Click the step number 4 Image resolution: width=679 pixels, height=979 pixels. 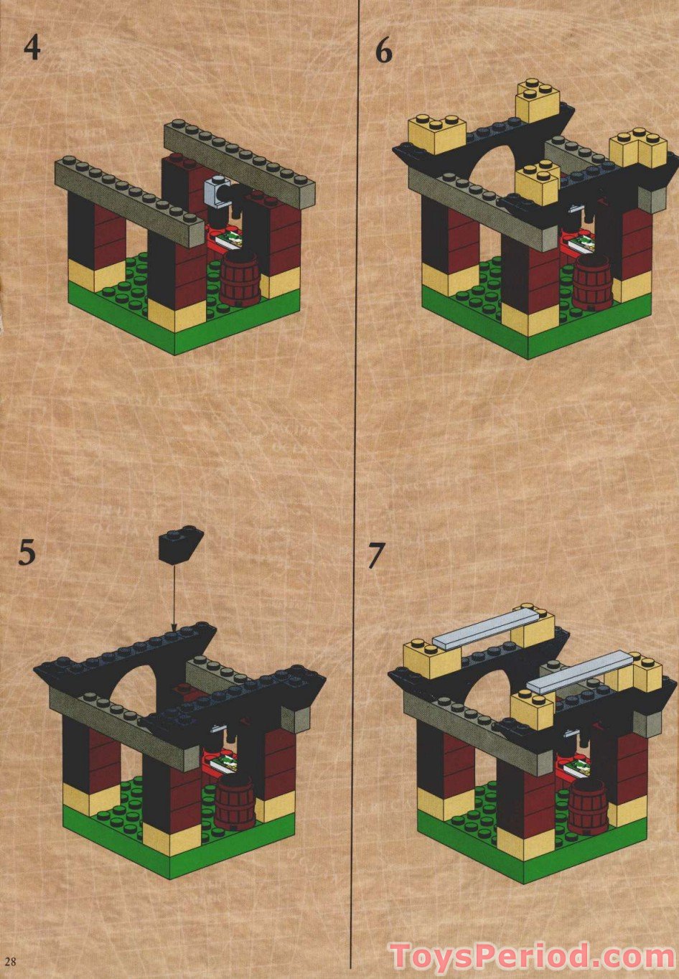coord(32,48)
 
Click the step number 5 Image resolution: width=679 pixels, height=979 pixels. coord(27,553)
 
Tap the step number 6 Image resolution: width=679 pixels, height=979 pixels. coord(384,52)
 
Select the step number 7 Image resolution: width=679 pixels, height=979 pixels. coord(376,556)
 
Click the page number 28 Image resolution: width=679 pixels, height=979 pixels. coord(10,960)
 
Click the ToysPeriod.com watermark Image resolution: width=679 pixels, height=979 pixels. coord(531,957)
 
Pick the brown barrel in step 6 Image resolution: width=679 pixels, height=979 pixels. coord(591,283)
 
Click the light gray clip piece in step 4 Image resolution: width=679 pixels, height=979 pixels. coord(215,191)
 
